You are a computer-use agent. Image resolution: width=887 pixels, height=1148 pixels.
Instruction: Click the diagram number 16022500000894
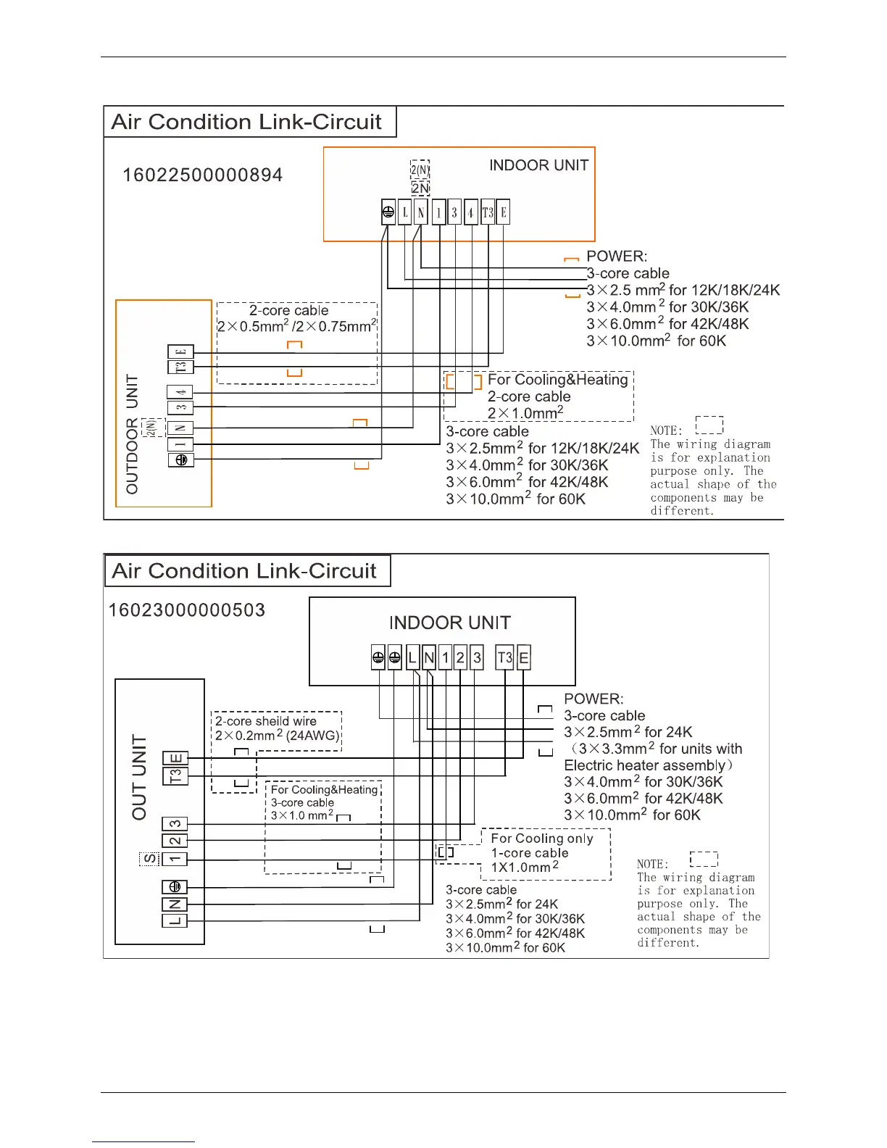202,175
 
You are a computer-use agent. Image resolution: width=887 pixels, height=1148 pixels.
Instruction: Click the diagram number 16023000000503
187,610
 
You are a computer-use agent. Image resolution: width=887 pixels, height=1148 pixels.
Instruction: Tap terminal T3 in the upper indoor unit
488,212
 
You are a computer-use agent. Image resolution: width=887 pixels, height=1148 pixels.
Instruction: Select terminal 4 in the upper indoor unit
470,212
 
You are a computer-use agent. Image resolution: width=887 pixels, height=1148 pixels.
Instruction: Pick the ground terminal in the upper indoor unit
388,212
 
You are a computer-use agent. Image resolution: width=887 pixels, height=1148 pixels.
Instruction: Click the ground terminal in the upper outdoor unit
181,459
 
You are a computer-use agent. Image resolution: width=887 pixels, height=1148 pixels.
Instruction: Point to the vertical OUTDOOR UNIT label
132,434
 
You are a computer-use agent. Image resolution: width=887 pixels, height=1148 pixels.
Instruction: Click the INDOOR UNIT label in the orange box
538,166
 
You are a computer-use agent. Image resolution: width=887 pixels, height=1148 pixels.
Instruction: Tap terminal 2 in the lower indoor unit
460,657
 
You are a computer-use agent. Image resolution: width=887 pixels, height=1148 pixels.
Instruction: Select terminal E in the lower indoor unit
523,657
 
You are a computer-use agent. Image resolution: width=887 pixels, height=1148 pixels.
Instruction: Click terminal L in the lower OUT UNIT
175,920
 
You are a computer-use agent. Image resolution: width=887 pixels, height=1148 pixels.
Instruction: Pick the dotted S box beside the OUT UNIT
149,859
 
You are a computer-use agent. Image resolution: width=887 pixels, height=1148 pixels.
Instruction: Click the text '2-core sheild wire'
265,721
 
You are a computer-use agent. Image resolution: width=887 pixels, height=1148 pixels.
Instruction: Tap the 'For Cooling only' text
542,839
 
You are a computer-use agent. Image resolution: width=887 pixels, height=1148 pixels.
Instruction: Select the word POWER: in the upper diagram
617,257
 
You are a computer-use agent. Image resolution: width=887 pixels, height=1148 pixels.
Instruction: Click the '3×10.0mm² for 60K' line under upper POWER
656,341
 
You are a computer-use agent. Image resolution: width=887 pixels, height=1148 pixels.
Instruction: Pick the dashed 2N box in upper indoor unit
420,188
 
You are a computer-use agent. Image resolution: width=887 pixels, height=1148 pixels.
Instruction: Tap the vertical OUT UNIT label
139,777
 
